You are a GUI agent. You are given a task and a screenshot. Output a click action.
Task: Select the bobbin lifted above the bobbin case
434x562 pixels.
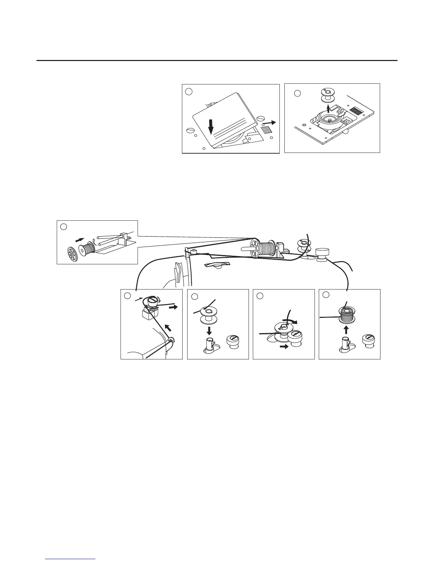click(x=327, y=95)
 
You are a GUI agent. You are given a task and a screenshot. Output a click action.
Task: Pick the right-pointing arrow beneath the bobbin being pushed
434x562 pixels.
click(x=284, y=347)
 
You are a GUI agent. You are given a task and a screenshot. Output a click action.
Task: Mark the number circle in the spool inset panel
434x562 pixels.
click(x=63, y=226)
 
